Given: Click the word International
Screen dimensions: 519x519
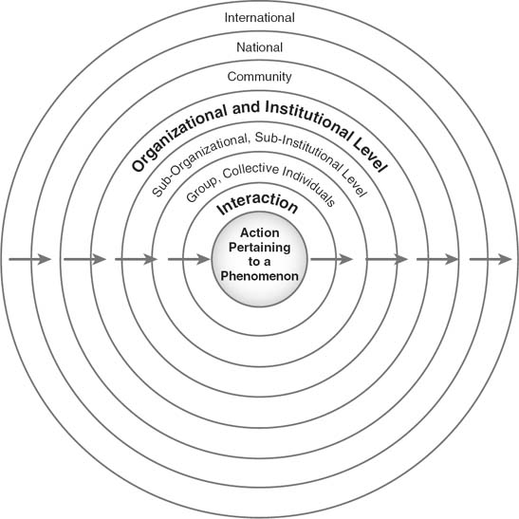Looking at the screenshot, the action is (x=260, y=17).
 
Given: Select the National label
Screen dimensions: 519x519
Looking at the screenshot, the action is (x=260, y=47).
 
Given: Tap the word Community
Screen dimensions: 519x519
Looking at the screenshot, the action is (x=260, y=77).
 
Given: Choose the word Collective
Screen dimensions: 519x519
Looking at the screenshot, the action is (x=250, y=170).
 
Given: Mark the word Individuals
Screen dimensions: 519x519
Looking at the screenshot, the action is (x=309, y=186).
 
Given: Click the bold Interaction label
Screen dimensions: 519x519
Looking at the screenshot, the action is (x=257, y=204).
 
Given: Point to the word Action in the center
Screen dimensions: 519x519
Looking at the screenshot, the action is (x=260, y=232).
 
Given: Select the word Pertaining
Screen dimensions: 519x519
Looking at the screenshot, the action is (x=260, y=248).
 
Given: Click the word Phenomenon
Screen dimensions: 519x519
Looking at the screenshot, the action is (x=260, y=276).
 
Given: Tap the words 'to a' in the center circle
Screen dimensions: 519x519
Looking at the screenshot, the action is (x=260, y=262).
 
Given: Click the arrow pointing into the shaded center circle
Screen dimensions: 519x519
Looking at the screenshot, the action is (x=189, y=259).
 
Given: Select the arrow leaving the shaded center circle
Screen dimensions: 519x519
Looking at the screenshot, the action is (x=332, y=259).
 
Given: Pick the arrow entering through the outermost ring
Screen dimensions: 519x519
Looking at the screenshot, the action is (x=30, y=259).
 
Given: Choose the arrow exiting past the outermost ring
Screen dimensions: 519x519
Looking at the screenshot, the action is (x=491, y=259).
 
